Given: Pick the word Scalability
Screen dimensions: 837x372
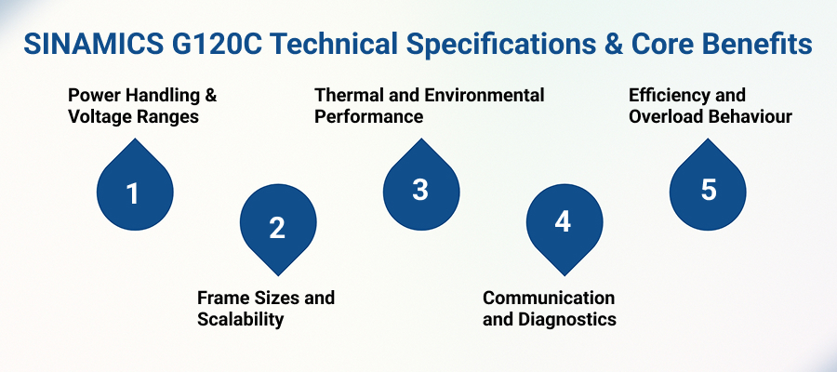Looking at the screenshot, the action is (x=240, y=319).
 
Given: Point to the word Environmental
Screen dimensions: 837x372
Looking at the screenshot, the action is (x=485, y=96).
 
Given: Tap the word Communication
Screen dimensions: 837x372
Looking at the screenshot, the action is (x=549, y=298).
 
